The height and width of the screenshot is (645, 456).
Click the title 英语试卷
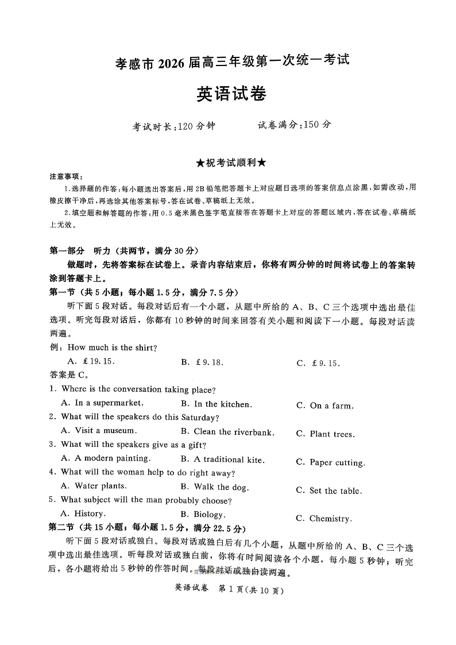231,94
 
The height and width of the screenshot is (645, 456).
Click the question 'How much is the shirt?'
113,347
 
